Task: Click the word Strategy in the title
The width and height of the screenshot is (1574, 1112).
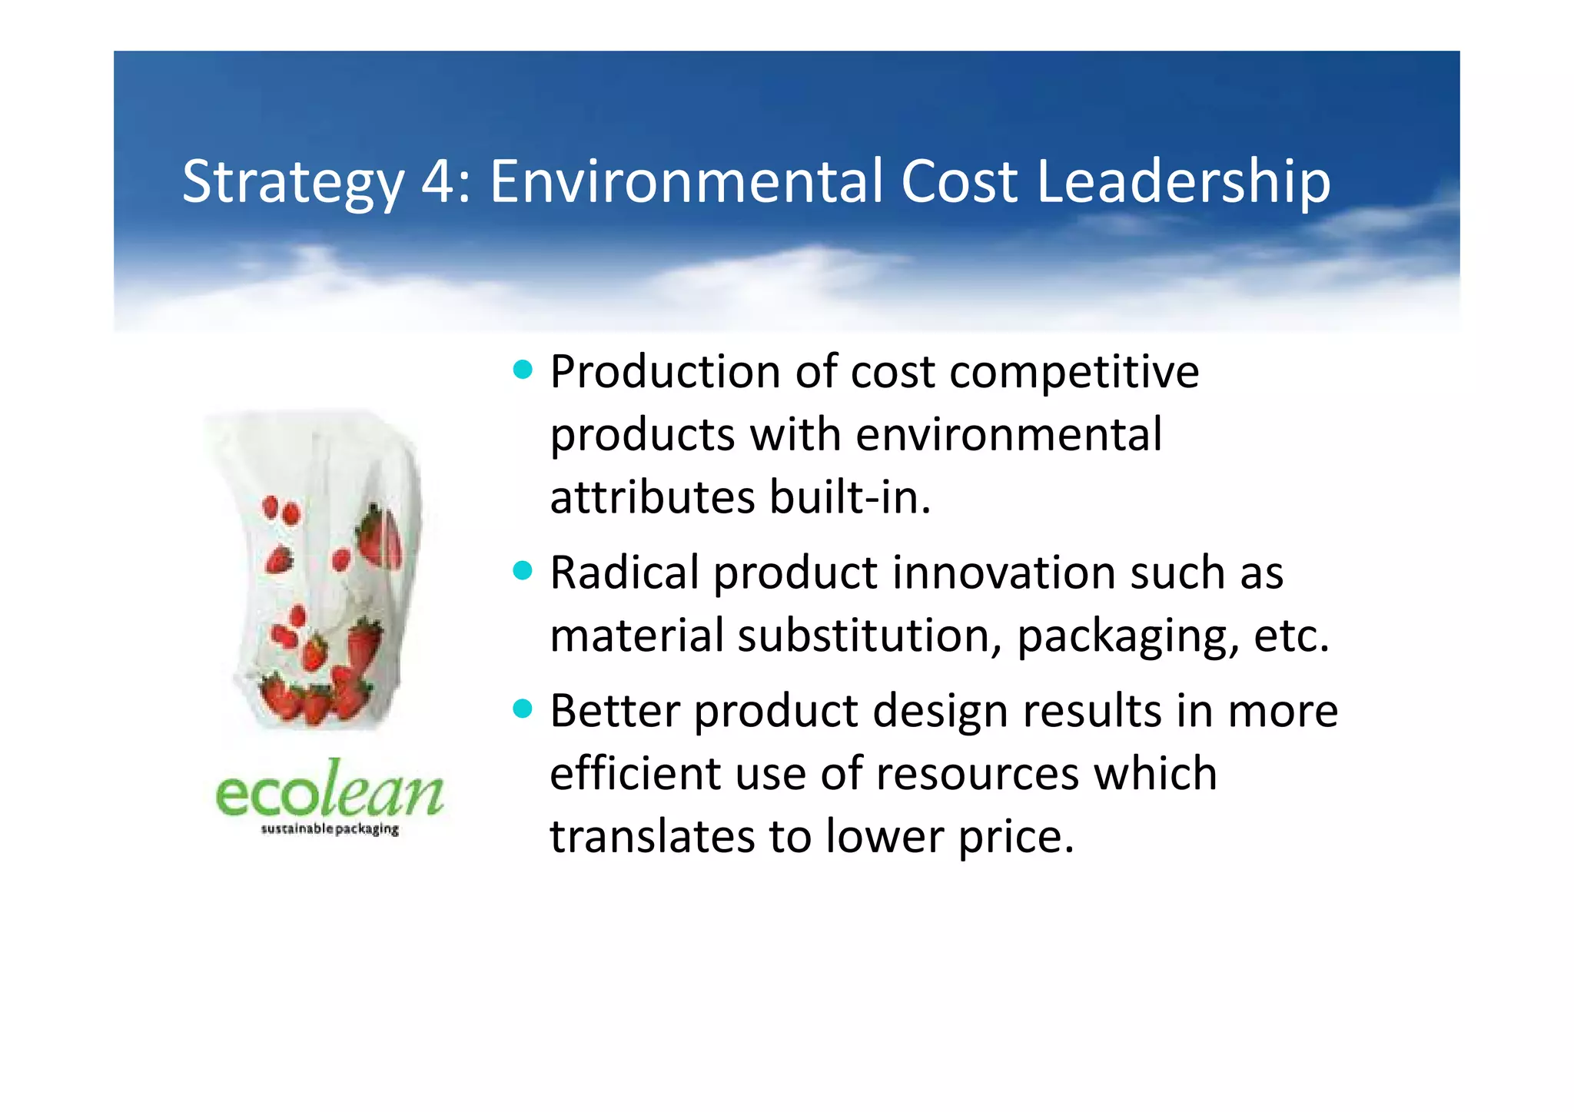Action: tap(292, 183)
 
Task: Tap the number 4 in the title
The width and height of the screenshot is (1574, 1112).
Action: tap(438, 181)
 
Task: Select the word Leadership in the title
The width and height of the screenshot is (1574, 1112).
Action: tap(1183, 183)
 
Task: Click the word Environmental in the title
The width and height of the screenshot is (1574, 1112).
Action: tap(687, 181)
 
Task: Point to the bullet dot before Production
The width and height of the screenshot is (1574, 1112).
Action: tap(523, 370)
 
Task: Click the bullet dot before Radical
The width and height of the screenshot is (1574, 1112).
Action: tap(523, 571)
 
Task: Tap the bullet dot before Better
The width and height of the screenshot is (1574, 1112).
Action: tap(523, 709)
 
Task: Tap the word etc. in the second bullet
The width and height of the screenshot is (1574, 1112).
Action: tap(1291, 636)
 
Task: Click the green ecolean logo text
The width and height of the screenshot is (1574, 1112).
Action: tap(330, 791)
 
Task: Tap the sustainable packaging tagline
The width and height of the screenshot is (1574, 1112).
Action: tap(330, 829)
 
